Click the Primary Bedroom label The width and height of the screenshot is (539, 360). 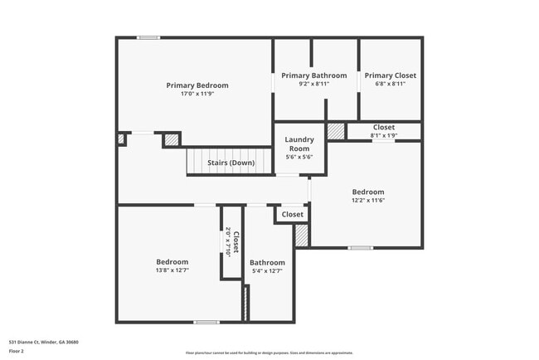[x=197, y=85]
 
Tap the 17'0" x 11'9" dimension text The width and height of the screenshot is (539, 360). [x=197, y=94]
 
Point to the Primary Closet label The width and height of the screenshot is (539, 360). [x=390, y=75]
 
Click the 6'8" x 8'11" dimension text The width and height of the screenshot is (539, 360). [x=390, y=84]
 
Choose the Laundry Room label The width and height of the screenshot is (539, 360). [x=299, y=144]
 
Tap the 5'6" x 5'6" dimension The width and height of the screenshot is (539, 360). [x=299, y=157]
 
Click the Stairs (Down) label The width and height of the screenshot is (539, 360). [x=231, y=163]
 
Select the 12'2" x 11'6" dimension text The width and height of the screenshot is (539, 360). [x=368, y=200]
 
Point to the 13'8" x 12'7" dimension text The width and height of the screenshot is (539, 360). [x=172, y=270]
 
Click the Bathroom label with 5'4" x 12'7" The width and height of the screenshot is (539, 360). [x=268, y=262]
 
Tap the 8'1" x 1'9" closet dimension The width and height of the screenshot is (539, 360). [x=384, y=134]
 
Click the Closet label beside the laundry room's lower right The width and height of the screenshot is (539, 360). [x=292, y=215]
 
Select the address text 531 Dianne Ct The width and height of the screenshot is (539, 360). [x=44, y=342]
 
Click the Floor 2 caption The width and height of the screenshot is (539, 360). [x=17, y=351]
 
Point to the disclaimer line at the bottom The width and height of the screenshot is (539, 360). [x=269, y=353]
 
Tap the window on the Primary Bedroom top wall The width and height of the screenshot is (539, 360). [x=148, y=36]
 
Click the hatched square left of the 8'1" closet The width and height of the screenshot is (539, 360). [x=336, y=131]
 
